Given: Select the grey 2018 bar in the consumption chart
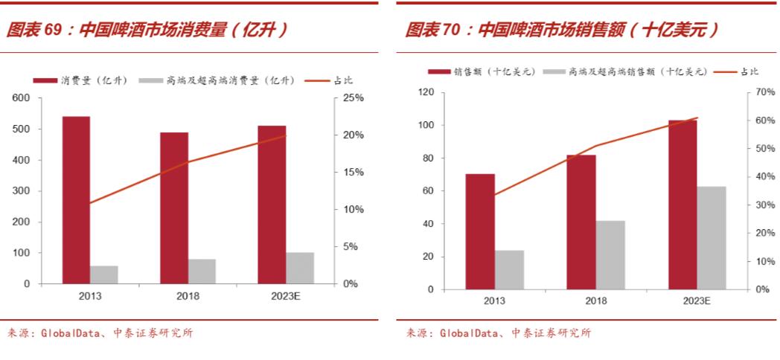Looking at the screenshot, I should click(x=202, y=271).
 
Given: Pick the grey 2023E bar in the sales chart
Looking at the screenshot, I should click(x=712, y=237).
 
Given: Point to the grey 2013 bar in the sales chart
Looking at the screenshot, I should click(x=510, y=269).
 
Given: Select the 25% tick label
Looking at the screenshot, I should click(x=353, y=98).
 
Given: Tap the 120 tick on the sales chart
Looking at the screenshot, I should click(x=426, y=92).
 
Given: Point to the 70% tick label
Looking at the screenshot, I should click(x=766, y=92).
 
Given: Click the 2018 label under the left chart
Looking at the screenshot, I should click(x=188, y=296).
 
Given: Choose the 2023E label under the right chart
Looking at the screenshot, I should click(x=697, y=301).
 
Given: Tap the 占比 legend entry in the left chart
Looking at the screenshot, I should click(x=327, y=80).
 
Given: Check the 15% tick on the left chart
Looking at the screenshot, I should click(x=353, y=173).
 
